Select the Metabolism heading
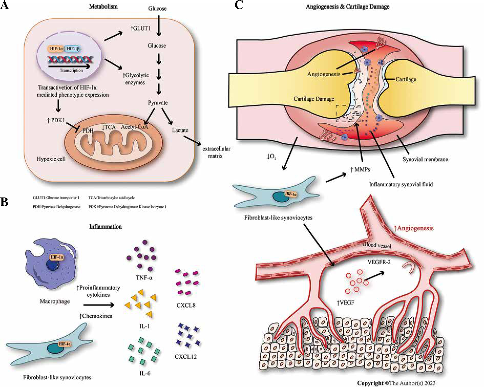(x=103, y=7)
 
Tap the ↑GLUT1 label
(x=140, y=28)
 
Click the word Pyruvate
(x=158, y=103)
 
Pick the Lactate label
(x=180, y=130)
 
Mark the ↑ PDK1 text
(x=56, y=120)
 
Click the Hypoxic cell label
(x=51, y=159)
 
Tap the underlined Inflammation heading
(x=105, y=227)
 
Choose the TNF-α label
(x=144, y=277)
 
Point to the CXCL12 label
(x=186, y=356)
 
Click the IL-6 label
(x=145, y=373)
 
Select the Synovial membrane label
(x=425, y=159)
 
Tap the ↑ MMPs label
(x=360, y=169)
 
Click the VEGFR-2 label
(x=379, y=262)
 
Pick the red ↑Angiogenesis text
(x=414, y=228)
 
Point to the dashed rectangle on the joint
(x=348, y=113)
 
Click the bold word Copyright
(x=370, y=383)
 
